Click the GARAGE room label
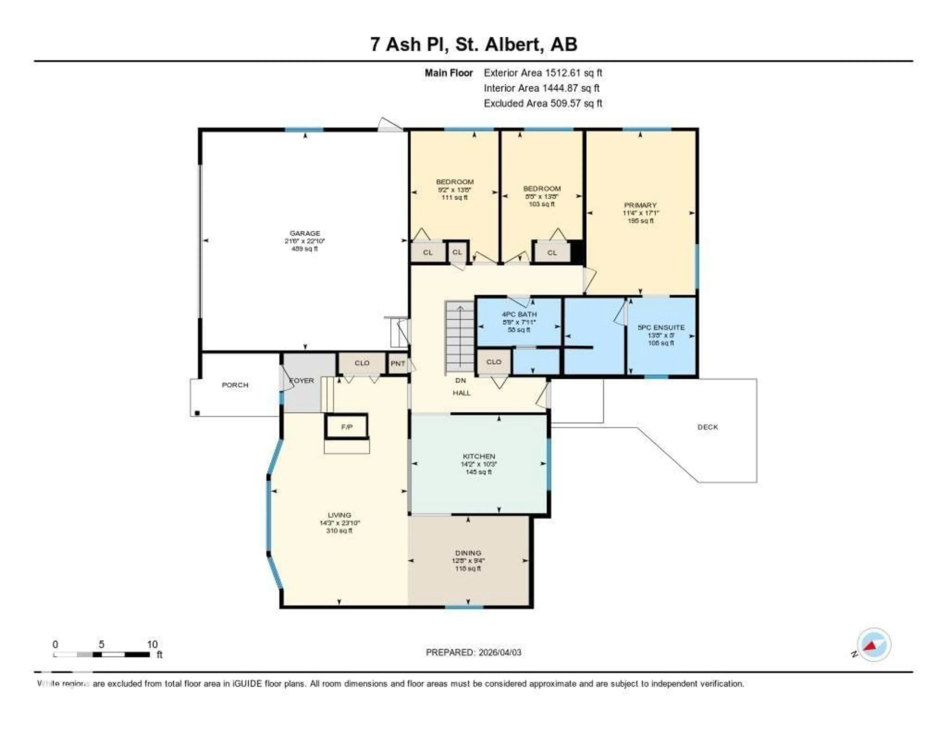point(305,233)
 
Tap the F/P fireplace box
point(346,427)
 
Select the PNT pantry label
point(398,364)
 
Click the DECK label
point(708,427)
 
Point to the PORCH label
point(235,385)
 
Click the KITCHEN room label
point(479,456)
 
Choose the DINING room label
point(468,553)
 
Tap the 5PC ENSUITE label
point(661,328)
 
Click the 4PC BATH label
point(519,314)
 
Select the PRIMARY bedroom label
point(640,205)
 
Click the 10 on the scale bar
point(152,644)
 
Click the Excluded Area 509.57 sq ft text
point(543,103)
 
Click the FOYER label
point(302,381)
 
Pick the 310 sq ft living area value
point(339,530)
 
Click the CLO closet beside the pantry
point(362,363)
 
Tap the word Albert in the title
point(514,44)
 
